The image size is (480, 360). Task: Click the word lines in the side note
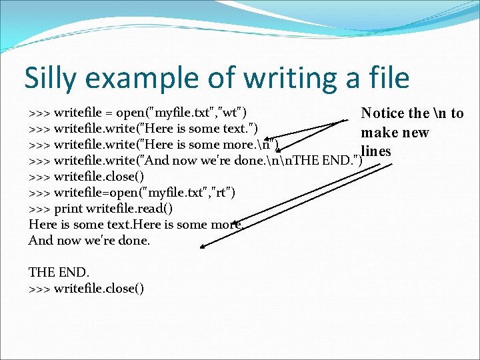(375, 151)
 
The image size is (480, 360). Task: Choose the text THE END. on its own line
(59, 272)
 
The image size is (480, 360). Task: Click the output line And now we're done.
(89, 240)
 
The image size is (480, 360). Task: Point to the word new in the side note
(415, 132)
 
